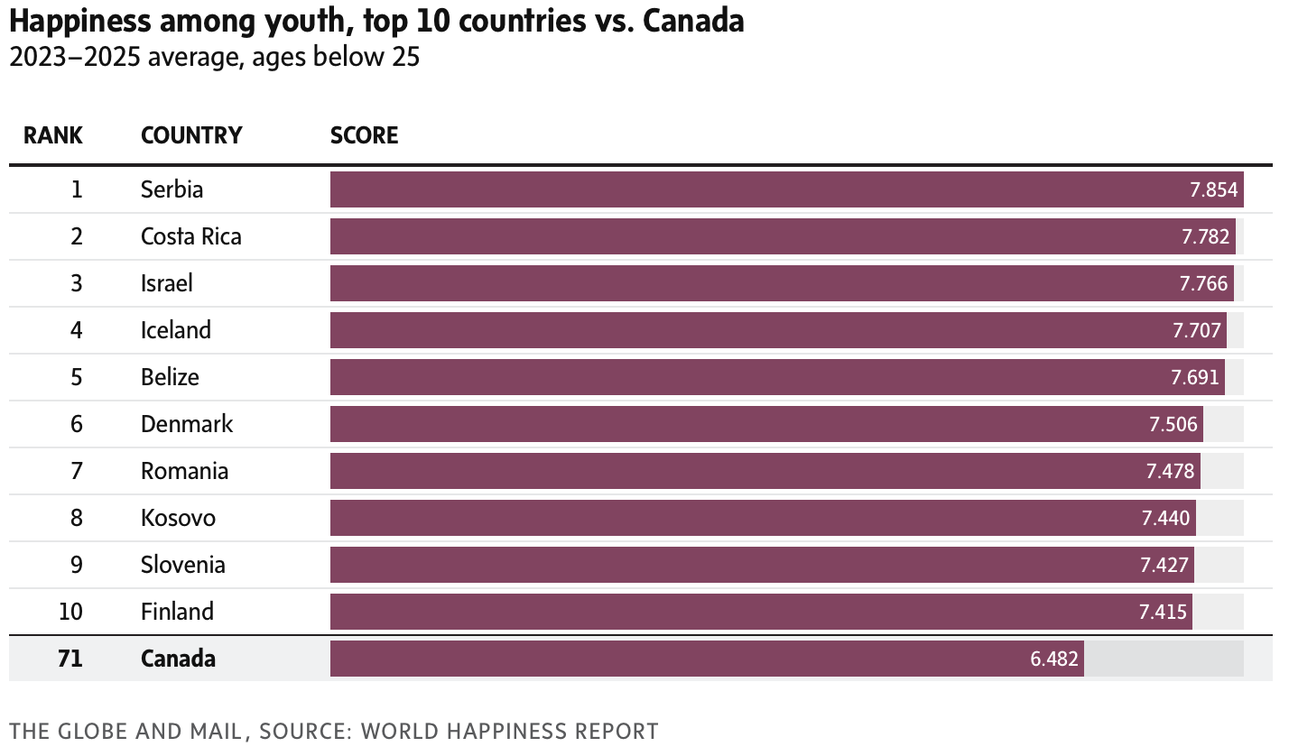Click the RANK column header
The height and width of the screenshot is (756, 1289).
click(53, 135)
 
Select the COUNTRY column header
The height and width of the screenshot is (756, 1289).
click(191, 135)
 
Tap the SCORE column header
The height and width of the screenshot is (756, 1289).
click(364, 135)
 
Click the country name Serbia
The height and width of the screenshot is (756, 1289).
click(172, 189)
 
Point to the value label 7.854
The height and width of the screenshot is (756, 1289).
click(1214, 189)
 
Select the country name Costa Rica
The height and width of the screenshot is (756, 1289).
click(191, 236)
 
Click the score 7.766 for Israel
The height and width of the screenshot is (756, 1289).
click(1203, 283)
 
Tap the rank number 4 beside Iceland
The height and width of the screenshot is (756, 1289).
click(77, 330)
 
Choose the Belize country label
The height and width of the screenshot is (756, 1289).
click(170, 377)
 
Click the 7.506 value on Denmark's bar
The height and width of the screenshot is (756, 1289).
click(1173, 424)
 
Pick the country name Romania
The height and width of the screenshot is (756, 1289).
click(184, 471)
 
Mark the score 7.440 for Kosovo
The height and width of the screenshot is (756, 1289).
click(1166, 518)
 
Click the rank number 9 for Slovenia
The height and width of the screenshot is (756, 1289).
click(77, 565)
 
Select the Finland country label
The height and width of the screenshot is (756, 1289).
click(177, 612)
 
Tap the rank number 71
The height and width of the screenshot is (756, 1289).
click(70, 659)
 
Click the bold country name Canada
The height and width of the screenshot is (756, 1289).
click(178, 659)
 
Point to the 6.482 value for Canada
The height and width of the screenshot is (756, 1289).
click(1054, 659)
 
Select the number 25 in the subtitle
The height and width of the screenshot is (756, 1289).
click(405, 57)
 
